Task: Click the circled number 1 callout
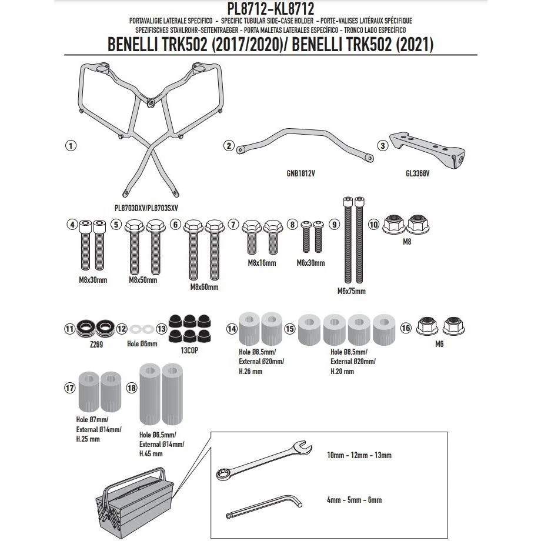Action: click(x=71, y=146)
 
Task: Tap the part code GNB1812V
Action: click(x=300, y=173)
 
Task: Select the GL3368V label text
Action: click(x=418, y=173)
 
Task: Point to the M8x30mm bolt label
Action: click(x=93, y=280)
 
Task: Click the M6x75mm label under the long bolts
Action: click(x=351, y=291)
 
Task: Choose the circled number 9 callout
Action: click(x=334, y=225)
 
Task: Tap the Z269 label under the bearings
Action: click(x=96, y=345)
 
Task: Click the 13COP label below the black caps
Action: click(x=189, y=350)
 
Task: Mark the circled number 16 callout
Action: click(x=406, y=328)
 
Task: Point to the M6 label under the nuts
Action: click(x=439, y=344)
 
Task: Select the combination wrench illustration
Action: click(x=264, y=460)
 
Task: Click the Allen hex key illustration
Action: click(x=264, y=506)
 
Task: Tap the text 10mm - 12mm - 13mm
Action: click(x=359, y=455)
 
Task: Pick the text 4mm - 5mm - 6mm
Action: click(x=355, y=500)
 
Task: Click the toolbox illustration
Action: click(x=135, y=503)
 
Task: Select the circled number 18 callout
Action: click(x=132, y=388)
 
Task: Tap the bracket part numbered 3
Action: click(x=428, y=149)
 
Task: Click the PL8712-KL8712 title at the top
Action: click(x=270, y=8)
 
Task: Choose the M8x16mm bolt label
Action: click(x=262, y=263)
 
